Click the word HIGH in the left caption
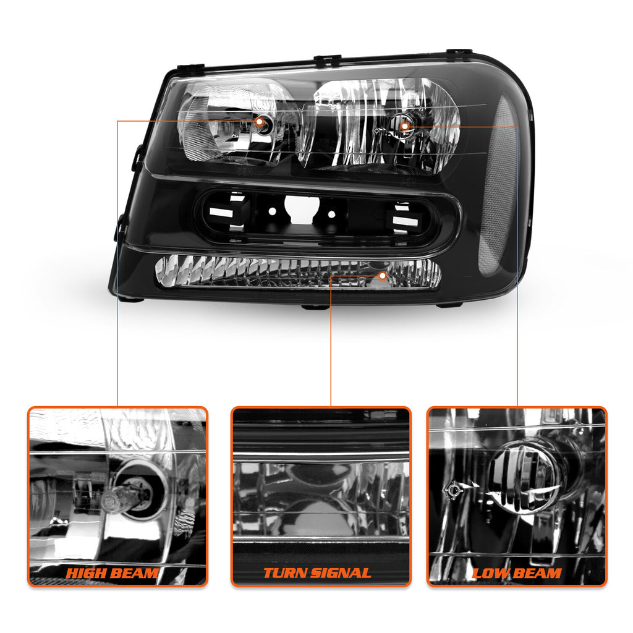coord(86,573)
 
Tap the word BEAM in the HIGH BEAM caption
coord(134,573)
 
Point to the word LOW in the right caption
coord(488,573)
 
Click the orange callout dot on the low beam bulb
coord(404,126)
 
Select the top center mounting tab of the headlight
coord(328,60)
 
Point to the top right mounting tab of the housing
coord(459,52)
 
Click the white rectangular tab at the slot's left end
coord(221,213)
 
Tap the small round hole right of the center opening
coord(331,215)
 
